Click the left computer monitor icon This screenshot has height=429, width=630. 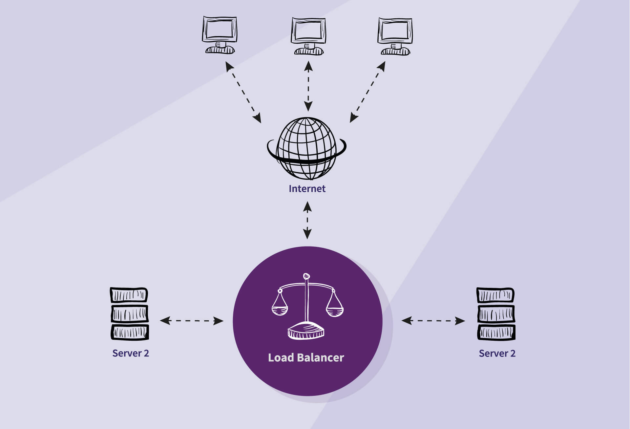pos(220,35)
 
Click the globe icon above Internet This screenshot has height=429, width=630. pos(306,149)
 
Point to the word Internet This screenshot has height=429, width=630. pos(307,189)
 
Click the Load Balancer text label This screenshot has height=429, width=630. pos(306,357)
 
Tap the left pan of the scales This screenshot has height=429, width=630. pos(280,310)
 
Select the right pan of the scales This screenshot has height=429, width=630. pos(334,311)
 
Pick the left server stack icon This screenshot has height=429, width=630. pos(129,314)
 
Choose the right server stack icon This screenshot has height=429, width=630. pos(496,314)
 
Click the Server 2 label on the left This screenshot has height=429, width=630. pos(131,353)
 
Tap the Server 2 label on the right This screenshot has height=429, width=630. pos(497,354)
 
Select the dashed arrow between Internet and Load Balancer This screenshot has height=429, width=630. pos(307,220)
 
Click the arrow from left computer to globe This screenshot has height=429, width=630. pos(243,92)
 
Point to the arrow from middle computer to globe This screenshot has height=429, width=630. pos(308,86)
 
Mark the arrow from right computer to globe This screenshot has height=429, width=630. pos(367,92)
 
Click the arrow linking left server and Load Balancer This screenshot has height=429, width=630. pos(192,321)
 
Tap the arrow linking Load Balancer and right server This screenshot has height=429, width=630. pos(433,321)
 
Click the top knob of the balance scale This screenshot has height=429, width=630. pos(306,276)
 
